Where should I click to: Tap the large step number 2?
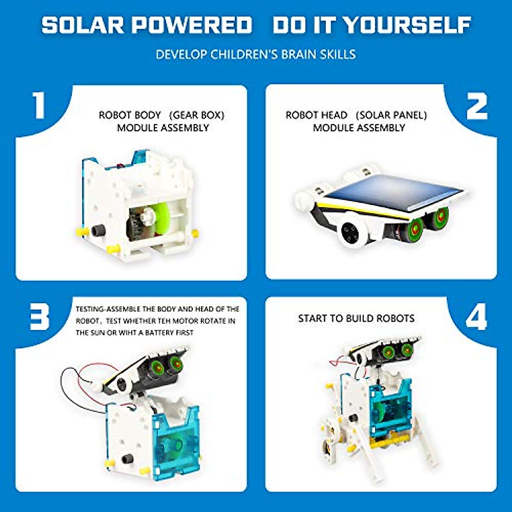(477, 106)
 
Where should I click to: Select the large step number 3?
(39, 317)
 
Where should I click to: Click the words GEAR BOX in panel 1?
(196, 115)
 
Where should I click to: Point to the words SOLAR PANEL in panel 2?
(391, 115)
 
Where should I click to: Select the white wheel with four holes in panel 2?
(352, 233)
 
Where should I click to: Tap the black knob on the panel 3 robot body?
(127, 459)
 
